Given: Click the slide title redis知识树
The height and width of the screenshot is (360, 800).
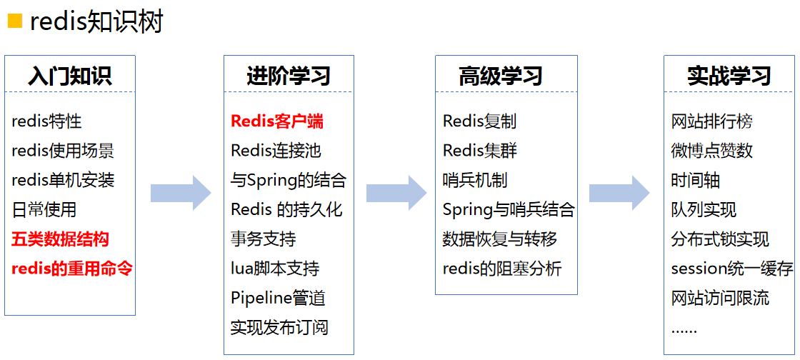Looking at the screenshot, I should click(x=96, y=22).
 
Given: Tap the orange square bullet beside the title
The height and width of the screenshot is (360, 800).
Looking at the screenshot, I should click(x=15, y=21).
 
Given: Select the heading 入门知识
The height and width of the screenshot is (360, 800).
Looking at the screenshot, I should click(x=70, y=76).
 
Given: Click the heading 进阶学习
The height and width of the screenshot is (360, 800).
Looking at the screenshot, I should click(x=289, y=76).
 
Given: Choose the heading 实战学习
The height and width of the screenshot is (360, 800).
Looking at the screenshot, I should click(x=729, y=76).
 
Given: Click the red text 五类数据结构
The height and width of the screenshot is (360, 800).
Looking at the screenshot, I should click(x=61, y=239).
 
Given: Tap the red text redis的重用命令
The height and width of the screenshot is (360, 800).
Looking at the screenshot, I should click(x=72, y=269).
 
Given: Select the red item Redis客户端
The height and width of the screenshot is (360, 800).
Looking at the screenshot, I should click(x=277, y=121).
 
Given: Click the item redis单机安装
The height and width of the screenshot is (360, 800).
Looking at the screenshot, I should click(x=63, y=180).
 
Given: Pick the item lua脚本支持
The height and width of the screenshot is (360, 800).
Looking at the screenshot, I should click(x=275, y=269).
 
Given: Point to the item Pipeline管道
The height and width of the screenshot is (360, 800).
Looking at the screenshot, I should click(x=279, y=299).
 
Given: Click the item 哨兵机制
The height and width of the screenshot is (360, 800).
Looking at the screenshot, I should click(x=475, y=180).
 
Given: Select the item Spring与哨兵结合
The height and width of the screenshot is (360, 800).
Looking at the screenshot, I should click(x=509, y=210).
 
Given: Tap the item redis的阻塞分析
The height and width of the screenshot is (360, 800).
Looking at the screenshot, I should click(x=502, y=269).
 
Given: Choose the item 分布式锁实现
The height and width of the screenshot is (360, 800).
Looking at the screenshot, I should click(x=720, y=239).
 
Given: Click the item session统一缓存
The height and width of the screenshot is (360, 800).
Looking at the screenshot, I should click(x=732, y=269).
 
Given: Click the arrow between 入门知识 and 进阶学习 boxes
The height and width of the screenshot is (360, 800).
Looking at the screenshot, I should click(x=181, y=193).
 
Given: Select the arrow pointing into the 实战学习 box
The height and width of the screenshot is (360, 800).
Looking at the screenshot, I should click(x=619, y=193).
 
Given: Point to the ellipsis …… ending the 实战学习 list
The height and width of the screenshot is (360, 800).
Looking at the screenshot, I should click(x=684, y=330).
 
